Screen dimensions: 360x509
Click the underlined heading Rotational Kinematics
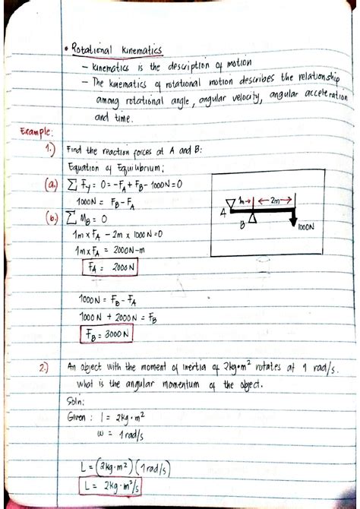point(118,49)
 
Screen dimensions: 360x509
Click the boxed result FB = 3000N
point(106,333)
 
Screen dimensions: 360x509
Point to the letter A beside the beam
point(223,213)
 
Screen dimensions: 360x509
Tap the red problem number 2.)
point(45,368)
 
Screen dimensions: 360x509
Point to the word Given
point(81,417)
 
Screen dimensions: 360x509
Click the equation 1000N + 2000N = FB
point(118,316)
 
